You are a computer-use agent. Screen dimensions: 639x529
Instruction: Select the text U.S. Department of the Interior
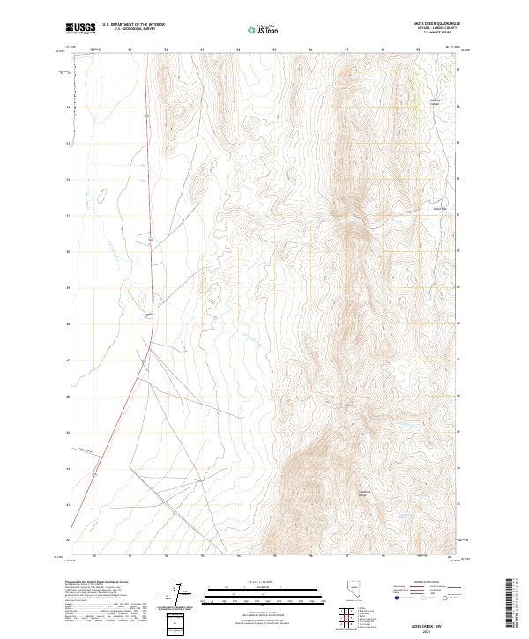pyautogui.click(x=134, y=26)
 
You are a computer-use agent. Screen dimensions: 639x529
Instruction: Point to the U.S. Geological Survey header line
pyautogui.click(x=134, y=30)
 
